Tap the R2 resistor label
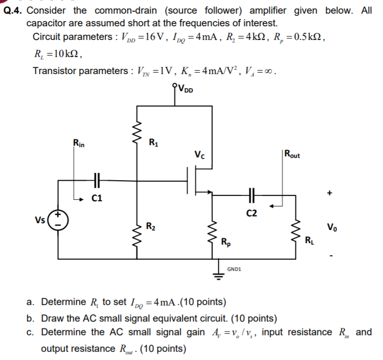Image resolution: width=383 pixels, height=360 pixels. [x=153, y=226]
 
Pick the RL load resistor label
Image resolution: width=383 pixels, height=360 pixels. [x=309, y=240]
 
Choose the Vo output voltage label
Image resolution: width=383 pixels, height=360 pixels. [x=331, y=227]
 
